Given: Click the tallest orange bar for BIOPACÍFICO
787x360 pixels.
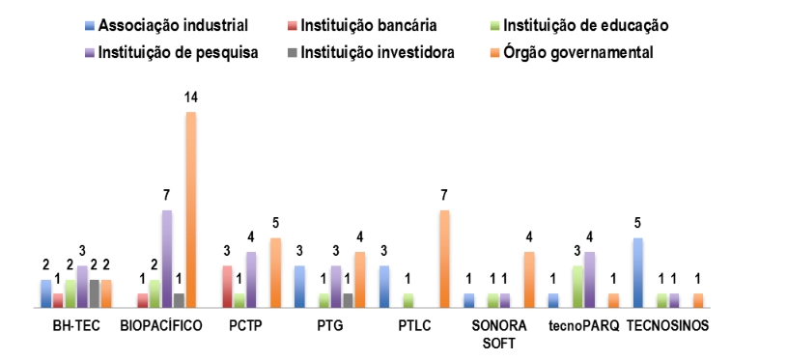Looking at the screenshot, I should (190, 209).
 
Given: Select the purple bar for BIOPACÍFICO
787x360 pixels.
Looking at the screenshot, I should (166, 259).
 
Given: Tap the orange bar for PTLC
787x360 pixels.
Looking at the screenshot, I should (444, 259).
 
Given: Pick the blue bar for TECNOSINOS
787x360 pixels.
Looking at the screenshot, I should (637, 272).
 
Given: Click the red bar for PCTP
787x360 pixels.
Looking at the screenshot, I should (227, 287).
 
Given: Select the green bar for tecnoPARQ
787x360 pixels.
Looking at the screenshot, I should (577, 287).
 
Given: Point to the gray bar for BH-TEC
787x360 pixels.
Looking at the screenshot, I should (95, 293).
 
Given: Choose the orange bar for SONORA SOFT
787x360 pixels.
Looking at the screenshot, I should (529, 279).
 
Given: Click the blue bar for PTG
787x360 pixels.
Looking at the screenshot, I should (299, 287).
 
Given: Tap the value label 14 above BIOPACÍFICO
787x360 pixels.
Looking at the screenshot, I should (190, 98).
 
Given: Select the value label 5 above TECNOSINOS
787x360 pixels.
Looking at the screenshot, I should (637, 224).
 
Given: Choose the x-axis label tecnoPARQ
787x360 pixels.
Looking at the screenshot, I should (583, 325).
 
